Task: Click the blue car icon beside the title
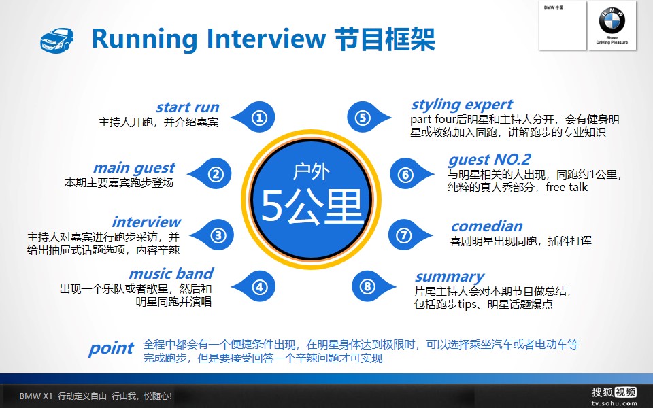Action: pos(57,40)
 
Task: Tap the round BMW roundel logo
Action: pos(612,20)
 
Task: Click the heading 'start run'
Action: pos(188,107)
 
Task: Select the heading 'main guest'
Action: pos(134,168)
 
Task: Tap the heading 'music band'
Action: pos(171,273)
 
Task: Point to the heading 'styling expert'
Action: pos(461,105)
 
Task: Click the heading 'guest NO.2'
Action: pos(489,159)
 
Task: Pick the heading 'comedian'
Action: pos(487,226)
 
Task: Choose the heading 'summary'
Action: pos(450,277)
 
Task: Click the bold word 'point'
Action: pos(111,348)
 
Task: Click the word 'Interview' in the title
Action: pos(266,38)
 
